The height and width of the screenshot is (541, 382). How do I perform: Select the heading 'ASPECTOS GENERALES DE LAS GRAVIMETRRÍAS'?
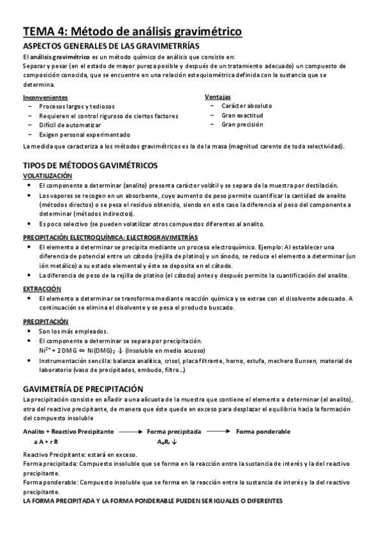(110, 46)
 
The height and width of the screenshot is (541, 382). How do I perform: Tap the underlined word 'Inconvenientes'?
(45, 97)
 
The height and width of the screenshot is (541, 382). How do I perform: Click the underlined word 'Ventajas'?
(217, 96)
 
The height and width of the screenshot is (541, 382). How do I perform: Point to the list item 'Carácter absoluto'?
(247, 106)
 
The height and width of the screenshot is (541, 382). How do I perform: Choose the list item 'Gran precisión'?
(242, 124)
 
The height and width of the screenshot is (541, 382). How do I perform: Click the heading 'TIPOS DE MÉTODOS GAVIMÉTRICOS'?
(89, 165)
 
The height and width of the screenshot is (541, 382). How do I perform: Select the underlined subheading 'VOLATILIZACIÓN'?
(47, 175)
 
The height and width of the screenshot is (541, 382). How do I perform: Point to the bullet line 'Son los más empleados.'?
(73, 331)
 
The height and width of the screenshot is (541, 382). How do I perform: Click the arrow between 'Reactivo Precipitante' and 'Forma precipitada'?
(131, 432)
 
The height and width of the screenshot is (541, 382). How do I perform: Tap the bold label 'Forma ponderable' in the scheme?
(263, 432)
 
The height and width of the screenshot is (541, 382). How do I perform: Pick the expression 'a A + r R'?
(46, 441)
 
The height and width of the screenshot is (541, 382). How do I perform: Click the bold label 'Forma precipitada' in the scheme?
(173, 432)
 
